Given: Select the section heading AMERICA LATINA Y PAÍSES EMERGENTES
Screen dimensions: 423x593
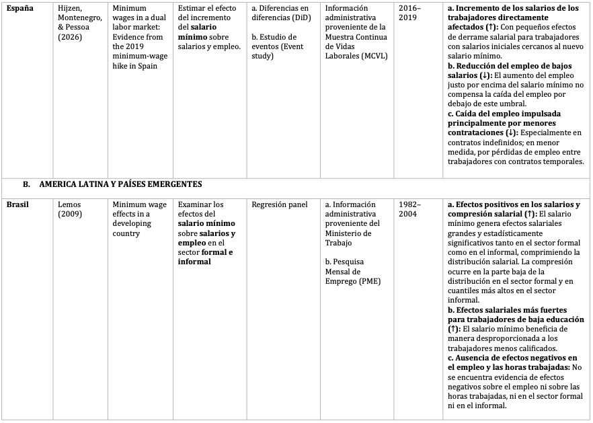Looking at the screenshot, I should pyautogui.click(x=120, y=184).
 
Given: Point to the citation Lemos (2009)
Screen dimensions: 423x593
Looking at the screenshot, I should pyautogui.click(x=71, y=209).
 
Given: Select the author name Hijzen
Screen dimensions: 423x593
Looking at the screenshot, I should pyautogui.click(x=71, y=9).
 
